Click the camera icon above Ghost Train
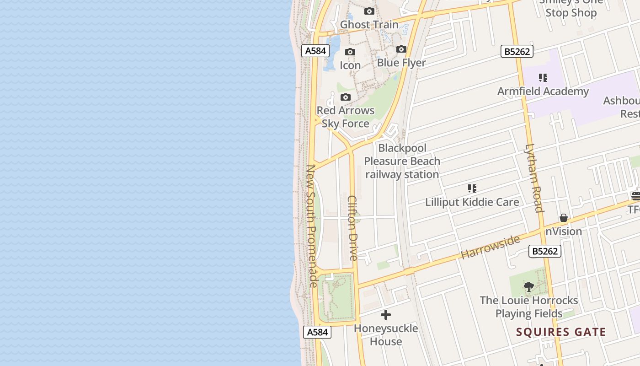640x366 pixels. [x=369, y=11]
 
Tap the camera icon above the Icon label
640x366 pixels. [x=350, y=52]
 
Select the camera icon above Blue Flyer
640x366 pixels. [x=401, y=49]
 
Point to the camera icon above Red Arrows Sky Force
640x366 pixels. [x=346, y=97]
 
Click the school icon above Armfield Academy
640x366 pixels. [x=543, y=78]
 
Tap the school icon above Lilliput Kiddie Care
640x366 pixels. [x=472, y=188]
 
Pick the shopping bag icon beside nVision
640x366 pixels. [x=564, y=218]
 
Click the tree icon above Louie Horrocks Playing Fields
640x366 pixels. [x=529, y=287]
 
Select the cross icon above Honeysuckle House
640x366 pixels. [x=386, y=315]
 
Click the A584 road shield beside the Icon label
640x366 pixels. [x=315, y=51]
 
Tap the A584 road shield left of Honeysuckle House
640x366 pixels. [x=317, y=332]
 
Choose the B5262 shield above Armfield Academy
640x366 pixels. [x=517, y=51]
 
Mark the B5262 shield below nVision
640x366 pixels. [x=545, y=251]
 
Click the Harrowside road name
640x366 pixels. [x=491, y=247]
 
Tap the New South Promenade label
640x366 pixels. [x=312, y=226]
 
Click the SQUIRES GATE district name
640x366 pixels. [x=561, y=332]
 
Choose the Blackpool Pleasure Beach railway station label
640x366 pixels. [x=402, y=161]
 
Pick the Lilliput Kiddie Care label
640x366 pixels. [x=472, y=202]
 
